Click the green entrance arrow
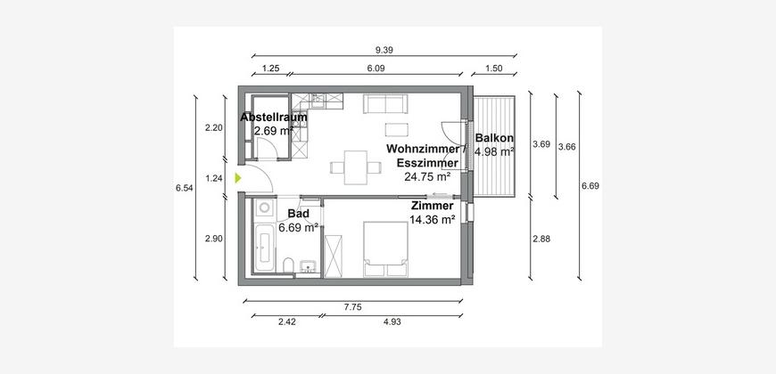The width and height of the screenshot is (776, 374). (x=238, y=178)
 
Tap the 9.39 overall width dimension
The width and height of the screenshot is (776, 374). (x=384, y=49)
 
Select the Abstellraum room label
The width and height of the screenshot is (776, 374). (x=274, y=118)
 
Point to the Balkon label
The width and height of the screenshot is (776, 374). (x=494, y=138)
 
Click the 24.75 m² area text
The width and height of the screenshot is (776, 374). (x=427, y=176)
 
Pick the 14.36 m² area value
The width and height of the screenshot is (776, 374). (x=432, y=220)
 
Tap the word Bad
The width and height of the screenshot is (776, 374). (x=299, y=214)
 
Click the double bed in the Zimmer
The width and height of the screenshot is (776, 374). (x=386, y=249)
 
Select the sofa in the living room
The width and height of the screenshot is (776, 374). (x=385, y=104)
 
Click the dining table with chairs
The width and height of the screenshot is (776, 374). (x=356, y=167)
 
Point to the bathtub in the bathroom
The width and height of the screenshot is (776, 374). (x=264, y=248)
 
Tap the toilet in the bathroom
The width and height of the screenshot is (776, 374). (x=289, y=265)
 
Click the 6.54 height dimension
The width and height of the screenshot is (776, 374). (x=184, y=188)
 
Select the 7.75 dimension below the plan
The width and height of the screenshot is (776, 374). (x=353, y=307)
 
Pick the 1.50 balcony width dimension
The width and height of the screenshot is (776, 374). (x=494, y=69)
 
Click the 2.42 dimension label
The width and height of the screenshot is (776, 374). (x=287, y=322)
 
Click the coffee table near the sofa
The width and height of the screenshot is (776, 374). (x=398, y=129)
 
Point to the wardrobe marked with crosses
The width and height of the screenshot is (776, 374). (x=333, y=256)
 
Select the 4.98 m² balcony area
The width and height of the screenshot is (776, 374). (x=494, y=151)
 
